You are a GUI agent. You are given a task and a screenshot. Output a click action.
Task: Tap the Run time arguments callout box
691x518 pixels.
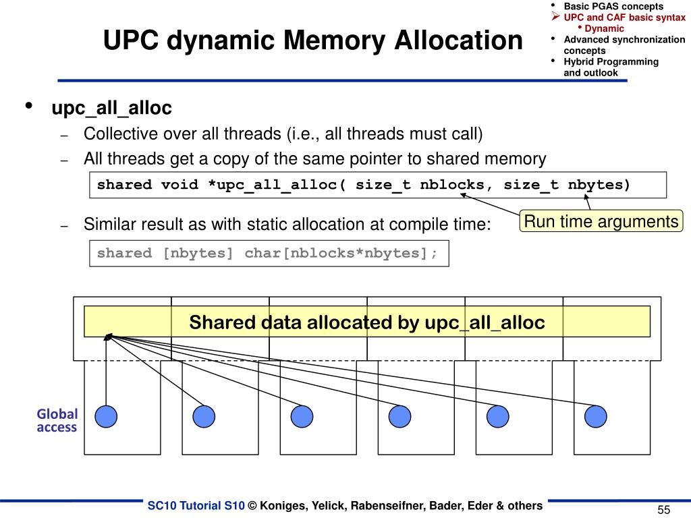(601, 221)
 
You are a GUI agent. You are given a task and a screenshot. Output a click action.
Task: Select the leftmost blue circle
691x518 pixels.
(106, 417)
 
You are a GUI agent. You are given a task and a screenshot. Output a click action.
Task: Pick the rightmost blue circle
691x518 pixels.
(596, 417)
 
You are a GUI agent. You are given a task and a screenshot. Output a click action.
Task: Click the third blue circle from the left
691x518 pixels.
(302, 417)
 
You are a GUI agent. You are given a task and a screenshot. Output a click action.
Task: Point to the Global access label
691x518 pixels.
(57, 420)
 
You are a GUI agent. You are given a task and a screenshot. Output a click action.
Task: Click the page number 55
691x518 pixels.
(663, 510)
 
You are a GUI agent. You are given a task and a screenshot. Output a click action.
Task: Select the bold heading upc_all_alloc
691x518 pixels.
(112, 108)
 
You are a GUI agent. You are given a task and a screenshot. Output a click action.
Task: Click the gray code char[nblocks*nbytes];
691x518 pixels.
(341, 254)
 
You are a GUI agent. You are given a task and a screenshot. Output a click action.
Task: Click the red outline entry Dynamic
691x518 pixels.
(604, 28)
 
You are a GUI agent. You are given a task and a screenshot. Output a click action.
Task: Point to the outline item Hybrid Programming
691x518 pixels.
(611, 61)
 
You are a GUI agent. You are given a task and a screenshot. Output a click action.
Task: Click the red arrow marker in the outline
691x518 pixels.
(556, 17)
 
